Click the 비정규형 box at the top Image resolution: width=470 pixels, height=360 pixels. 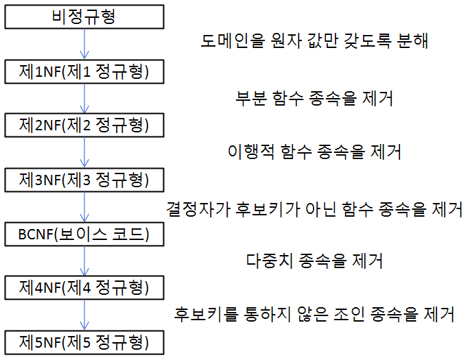tap(84, 16)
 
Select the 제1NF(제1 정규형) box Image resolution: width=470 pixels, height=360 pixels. tap(84, 71)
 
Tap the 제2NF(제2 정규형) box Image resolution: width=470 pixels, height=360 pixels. tap(84, 125)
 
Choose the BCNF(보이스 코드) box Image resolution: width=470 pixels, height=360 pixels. tap(84, 234)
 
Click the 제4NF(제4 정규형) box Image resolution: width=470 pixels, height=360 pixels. tap(84, 287)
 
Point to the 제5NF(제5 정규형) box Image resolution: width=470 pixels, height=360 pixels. tap(84, 341)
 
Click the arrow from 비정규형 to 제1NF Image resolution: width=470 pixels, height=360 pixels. tap(84, 43)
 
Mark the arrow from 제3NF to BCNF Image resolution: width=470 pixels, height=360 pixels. tap(84, 206)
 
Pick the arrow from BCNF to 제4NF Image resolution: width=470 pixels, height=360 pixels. tap(84, 261)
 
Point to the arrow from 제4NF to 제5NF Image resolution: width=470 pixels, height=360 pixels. tap(84, 314)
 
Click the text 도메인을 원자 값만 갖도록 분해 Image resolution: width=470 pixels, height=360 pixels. tap(314, 41)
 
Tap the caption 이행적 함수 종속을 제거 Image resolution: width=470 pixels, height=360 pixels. tap(314, 151)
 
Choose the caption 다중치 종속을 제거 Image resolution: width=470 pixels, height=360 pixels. tap(314, 261)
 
